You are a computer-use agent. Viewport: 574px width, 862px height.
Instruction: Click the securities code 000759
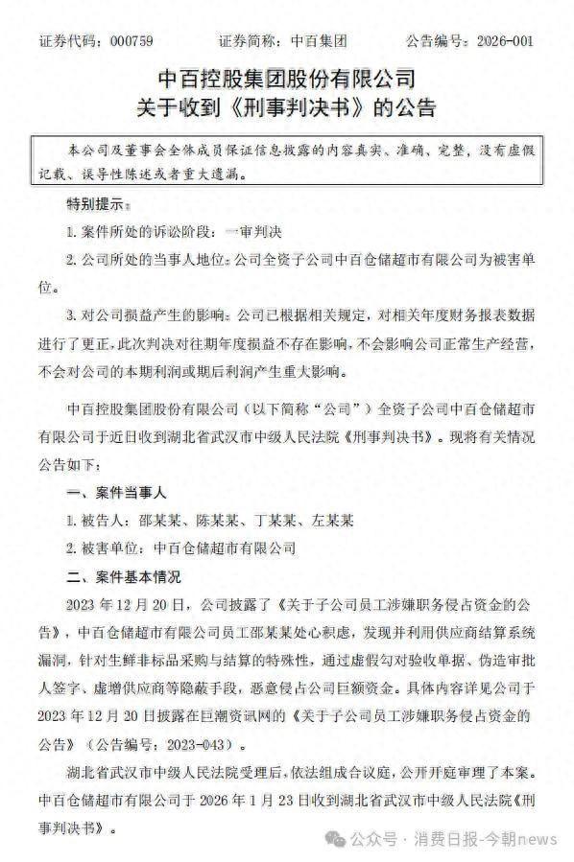click(131, 42)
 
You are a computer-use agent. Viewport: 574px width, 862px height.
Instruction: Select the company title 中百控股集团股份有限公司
click(286, 76)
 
